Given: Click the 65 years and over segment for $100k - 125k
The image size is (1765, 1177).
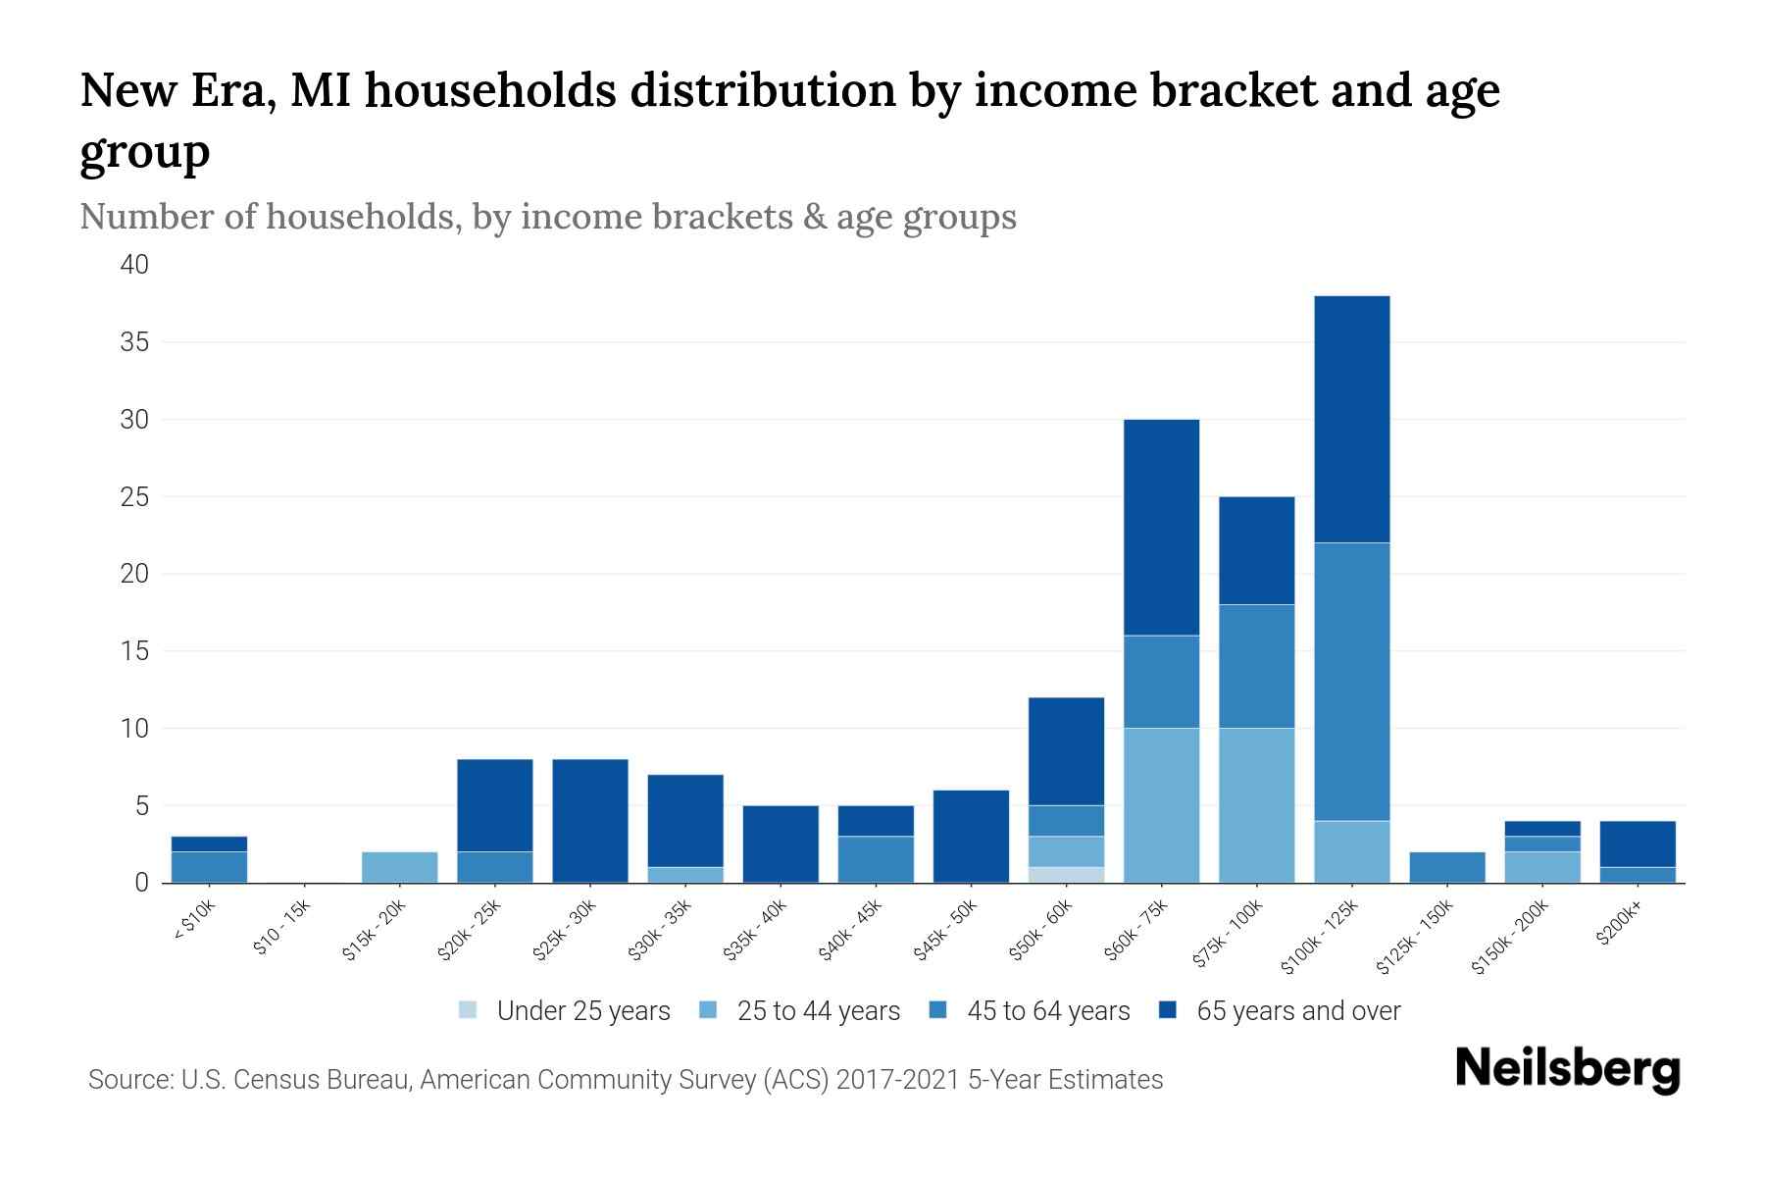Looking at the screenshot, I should pos(1351,419).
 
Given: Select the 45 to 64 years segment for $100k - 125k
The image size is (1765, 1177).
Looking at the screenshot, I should pos(1351,682).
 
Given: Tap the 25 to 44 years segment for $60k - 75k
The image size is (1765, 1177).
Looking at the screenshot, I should pos(1161,805).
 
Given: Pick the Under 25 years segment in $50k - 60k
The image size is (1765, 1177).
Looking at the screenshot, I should pos(1066,875).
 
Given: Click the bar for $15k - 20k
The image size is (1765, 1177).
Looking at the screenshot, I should pos(399,867).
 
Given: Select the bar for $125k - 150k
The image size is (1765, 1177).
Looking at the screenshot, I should pos(1446,867).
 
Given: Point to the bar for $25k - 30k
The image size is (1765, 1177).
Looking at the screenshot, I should pos(589,821).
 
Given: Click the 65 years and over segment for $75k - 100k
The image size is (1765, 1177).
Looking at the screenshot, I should pos(1256,550).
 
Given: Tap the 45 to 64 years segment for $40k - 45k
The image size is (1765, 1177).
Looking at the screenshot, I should pos(876,859).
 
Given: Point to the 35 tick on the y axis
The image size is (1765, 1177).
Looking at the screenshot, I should pos(135,342).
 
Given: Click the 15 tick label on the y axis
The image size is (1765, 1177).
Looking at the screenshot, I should pos(135,651).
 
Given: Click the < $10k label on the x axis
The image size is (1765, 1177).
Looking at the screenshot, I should pos(195,923).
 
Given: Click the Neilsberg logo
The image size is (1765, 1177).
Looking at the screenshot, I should pos(1567,1069).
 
